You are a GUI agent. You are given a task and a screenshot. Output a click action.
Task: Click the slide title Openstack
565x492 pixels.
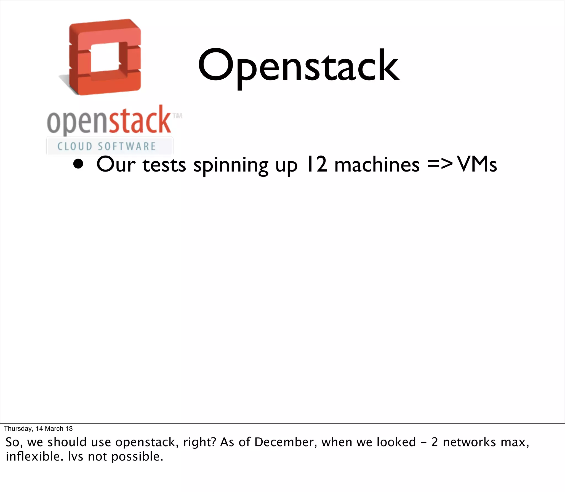pyautogui.click(x=299, y=66)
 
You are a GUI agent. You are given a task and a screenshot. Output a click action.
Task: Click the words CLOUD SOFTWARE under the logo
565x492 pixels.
pyautogui.click(x=106, y=146)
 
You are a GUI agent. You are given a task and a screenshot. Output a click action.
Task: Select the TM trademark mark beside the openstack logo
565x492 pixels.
pyautogui.click(x=177, y=116)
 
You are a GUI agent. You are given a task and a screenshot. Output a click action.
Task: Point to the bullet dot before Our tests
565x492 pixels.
pyautogui.click(x=78, y=164)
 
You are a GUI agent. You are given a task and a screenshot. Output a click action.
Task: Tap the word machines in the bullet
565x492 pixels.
pyautogui.click(x=377, y=165)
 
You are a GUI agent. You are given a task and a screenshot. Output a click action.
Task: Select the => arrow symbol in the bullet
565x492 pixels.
pyautogui.click(x=440, y=164)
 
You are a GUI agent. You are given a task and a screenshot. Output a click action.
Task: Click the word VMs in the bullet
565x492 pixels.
pyautogui.click(x=477, y=165)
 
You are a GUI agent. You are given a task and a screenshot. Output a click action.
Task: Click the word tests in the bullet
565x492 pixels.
pyautogui.click(x=164, y=165)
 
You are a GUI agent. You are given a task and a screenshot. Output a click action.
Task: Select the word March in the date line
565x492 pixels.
pyautogui.click(x=54, y=429)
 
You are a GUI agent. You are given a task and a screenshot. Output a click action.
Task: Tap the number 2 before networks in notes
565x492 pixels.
pyautogui.click(x=435, y=442)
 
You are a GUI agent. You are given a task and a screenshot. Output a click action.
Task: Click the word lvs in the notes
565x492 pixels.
pyautogui.click(x=76, y=456)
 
